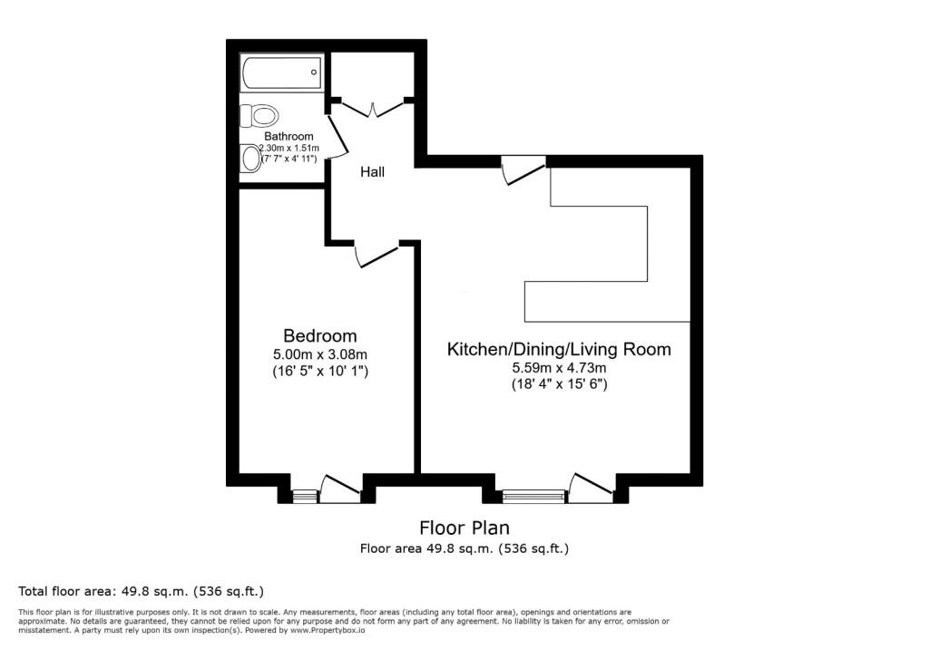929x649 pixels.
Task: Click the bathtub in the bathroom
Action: [281, 73]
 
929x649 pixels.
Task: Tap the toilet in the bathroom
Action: [259, 115]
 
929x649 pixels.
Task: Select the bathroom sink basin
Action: [252, 159]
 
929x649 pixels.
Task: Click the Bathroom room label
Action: [288, 136]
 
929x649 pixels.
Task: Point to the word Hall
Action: [373, 171]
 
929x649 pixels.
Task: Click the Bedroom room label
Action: [320, 335]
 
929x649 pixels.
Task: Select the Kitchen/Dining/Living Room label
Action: [559, 349]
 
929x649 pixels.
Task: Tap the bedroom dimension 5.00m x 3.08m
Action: [320, 354]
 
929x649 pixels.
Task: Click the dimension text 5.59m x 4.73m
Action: [559, 368]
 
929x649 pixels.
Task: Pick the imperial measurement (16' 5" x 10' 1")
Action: [320, 372]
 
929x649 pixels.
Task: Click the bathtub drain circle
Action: [314, 73]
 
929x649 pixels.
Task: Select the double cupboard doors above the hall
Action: [373, 109]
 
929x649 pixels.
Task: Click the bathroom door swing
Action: [337, 136]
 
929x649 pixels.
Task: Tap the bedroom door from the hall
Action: [376, 256]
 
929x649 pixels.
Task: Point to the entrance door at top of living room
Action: [523, 170]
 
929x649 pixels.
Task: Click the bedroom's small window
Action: [305, 496]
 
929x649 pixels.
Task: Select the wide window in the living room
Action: [533, 496]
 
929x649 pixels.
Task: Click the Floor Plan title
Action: [464, 527]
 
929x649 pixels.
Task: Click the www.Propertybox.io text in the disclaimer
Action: [328, 631]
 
